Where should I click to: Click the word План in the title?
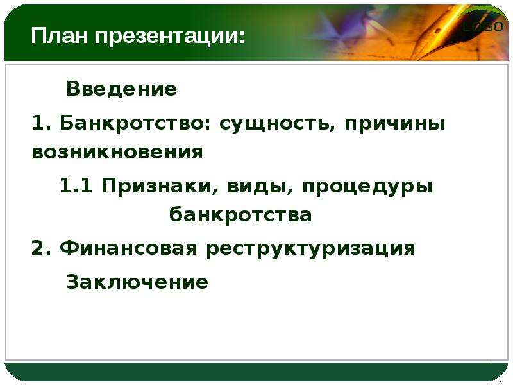(60, 35)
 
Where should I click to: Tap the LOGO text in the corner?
(484, 26)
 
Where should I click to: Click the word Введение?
(121, 89)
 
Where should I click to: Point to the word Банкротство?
(133, 123)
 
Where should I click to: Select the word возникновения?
(117, 152)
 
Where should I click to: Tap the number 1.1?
(76, 186)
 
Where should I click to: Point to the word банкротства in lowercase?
(240, 215)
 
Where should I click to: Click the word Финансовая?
(129, 248)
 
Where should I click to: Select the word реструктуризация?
(311, 250)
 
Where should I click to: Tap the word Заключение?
(137, 282)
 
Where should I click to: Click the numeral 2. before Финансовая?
(42, 248)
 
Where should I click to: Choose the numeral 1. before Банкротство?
(42, 123)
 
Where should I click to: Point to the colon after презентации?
(242, 37)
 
